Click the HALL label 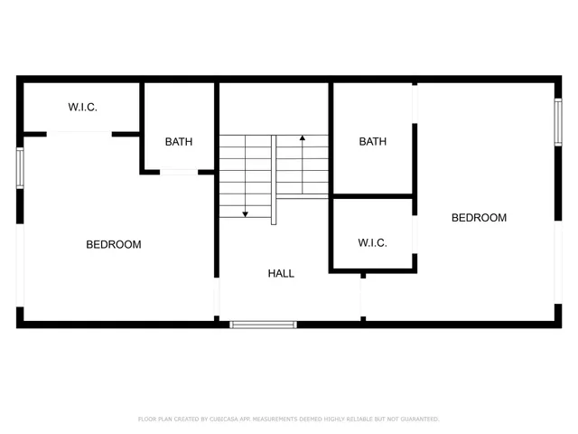281,273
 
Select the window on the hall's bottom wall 264,324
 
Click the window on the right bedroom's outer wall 558,122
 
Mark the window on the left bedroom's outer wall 20,168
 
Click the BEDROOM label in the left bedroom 114,244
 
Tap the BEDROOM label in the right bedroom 479,218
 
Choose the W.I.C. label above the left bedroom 82,108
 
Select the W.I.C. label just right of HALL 372,243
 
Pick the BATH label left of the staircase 178,142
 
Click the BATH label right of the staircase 372,142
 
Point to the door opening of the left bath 179,172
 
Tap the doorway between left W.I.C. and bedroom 79,134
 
